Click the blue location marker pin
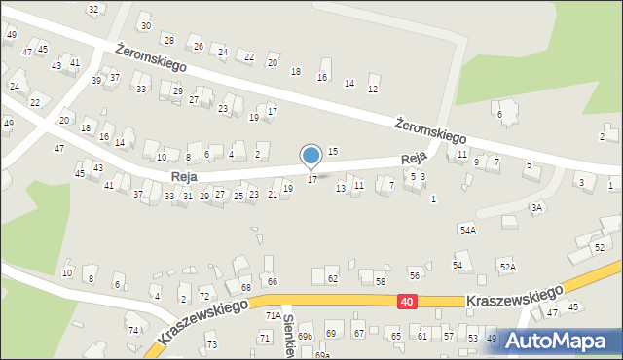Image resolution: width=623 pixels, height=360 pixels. coord(311,155)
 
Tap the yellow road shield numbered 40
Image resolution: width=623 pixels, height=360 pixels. coord(405,305)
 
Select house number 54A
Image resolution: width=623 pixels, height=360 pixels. coord(468,230)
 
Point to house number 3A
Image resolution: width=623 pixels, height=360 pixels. coord(536,207)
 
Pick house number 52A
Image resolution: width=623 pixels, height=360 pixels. coord(507,267)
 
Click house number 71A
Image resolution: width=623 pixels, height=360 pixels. coord(274,315)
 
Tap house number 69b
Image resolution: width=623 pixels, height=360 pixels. coord(306,336)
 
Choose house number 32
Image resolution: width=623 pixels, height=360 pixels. coord(93,10)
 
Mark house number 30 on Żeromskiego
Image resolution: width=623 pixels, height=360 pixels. coord(145,25)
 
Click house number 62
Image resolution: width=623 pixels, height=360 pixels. coord(332,279)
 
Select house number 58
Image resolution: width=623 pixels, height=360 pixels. coord(380,281)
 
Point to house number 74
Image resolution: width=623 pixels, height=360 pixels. coord(132,330)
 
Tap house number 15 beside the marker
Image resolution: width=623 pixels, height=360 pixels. coord(332,152)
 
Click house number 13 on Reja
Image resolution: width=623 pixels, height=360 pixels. coord(341,188)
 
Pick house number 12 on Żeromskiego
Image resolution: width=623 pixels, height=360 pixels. coord(372,90)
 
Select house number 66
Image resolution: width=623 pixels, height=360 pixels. coord(273,281)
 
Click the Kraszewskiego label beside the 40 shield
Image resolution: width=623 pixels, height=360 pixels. coord(514,295)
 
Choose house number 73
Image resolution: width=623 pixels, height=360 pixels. coord(211,345)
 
